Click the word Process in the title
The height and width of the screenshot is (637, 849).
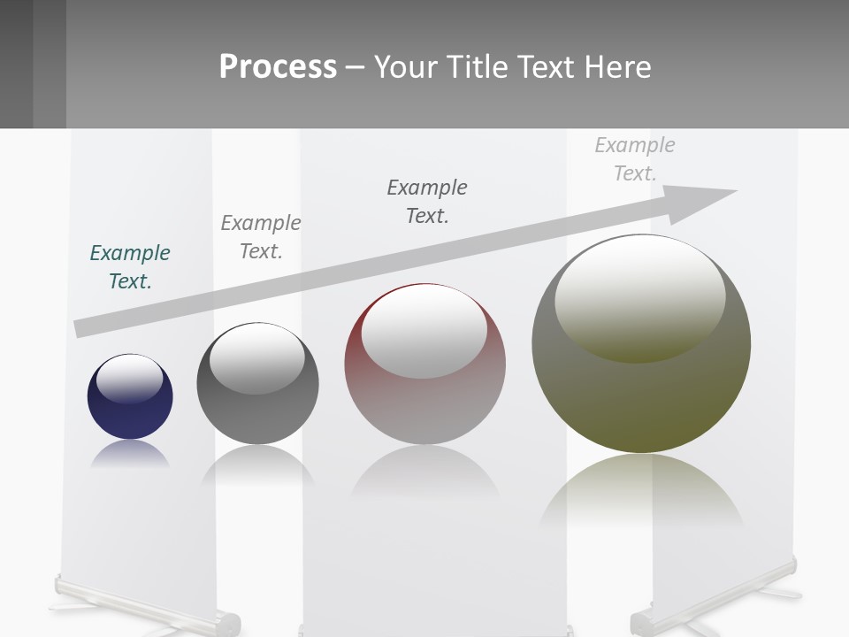click(x=278, y=67)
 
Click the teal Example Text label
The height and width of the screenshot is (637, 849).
click(x=130, y=266)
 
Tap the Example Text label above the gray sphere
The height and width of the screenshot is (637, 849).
click(x=261, y=236)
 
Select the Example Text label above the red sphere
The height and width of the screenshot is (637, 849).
click(x=427, y=201)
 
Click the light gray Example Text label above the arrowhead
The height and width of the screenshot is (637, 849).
click(x=635, y=158)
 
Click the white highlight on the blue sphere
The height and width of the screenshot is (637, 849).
click(x=129, y=379)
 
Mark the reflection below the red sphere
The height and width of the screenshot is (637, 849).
click(x=424, y=473)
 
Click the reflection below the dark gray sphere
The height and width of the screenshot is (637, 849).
click(x=257, y=464)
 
